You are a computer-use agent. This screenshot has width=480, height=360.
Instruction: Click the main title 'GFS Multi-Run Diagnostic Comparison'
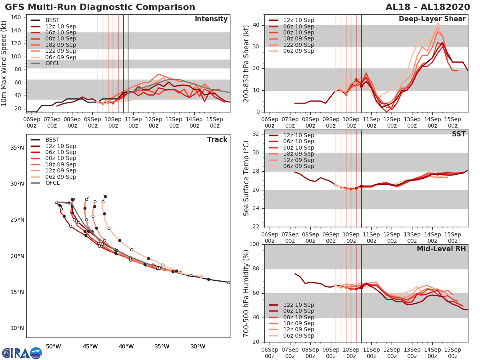tap(100, 7)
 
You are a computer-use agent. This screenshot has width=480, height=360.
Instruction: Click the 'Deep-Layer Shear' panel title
tap(432, 19)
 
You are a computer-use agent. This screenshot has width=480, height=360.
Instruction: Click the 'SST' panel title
tap(459, 134)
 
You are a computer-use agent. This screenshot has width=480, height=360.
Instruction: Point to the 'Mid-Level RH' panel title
tap(441, 249)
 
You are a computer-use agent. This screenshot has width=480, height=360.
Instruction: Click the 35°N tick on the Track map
tap(17, 148)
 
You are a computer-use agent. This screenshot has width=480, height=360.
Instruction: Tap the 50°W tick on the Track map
tap(53, 346)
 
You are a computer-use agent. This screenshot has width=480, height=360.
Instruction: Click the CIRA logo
tap(22, 353)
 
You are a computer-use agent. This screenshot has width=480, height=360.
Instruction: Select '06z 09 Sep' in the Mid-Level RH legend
tap(298, 336)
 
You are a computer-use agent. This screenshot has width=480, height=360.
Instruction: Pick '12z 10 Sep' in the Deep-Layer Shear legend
tap(298, 20)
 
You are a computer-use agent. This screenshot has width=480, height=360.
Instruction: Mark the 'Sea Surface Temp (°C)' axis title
tap(247, 178)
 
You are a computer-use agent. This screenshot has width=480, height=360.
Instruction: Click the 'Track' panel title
tap(217, 140)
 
